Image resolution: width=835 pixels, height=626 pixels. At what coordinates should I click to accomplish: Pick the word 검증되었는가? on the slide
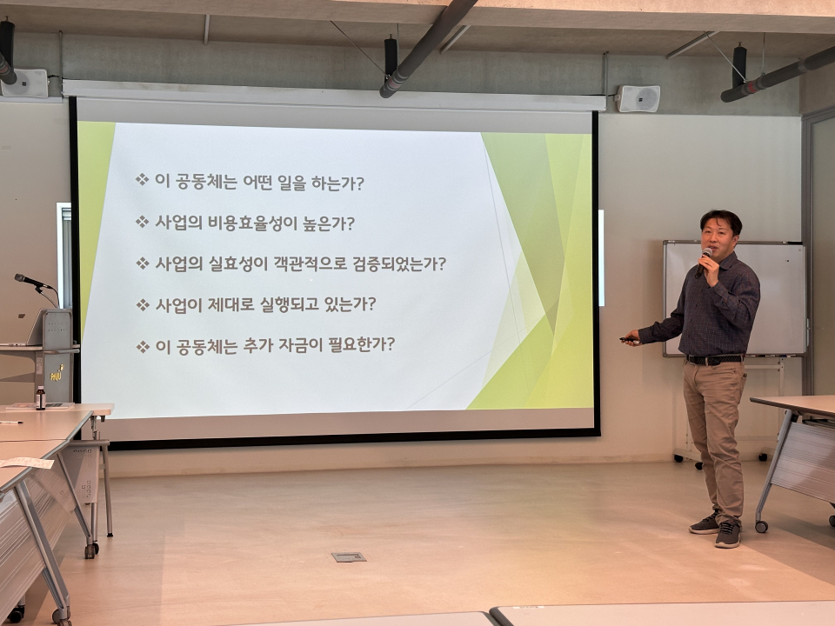(399, 263)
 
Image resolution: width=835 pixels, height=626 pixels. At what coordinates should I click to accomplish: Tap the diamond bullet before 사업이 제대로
(142, 305)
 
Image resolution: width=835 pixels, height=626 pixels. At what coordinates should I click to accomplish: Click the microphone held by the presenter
(703, 263)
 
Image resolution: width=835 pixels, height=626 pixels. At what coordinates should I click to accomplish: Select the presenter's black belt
(714, 360)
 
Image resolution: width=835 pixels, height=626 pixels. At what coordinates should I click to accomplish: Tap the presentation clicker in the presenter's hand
(628, 339)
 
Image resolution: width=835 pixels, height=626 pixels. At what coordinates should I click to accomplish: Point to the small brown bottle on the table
(41, 397)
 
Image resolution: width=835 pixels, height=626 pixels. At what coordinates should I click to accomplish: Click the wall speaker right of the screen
(638, 98)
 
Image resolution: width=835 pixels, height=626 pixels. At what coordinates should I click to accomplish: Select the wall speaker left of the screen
(24, 83)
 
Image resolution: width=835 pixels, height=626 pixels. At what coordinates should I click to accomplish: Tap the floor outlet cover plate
(349, 556)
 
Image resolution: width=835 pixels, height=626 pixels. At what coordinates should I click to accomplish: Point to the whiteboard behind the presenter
(734, 298)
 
